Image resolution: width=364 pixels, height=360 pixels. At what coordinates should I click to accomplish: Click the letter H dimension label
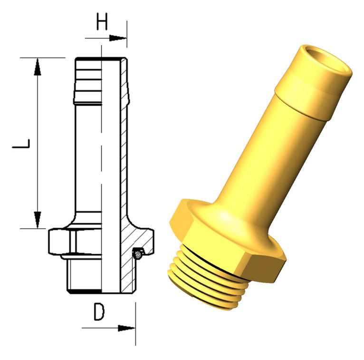(102, 21)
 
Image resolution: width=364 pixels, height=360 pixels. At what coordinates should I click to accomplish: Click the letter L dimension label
(21, 144)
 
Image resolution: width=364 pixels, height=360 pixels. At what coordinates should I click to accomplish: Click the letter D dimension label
(99, 312)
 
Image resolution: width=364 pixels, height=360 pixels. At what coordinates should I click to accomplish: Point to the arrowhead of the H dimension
(118, 38)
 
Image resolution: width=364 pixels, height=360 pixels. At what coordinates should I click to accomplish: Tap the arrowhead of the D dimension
(126, 328)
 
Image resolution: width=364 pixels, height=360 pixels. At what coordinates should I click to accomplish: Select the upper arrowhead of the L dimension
(38, 67)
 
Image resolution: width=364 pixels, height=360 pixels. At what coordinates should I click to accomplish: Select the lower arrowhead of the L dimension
(38, 220)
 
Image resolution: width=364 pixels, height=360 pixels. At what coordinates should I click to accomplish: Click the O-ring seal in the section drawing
(138, 254)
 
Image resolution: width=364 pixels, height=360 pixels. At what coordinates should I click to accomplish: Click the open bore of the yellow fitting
(327, 59)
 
